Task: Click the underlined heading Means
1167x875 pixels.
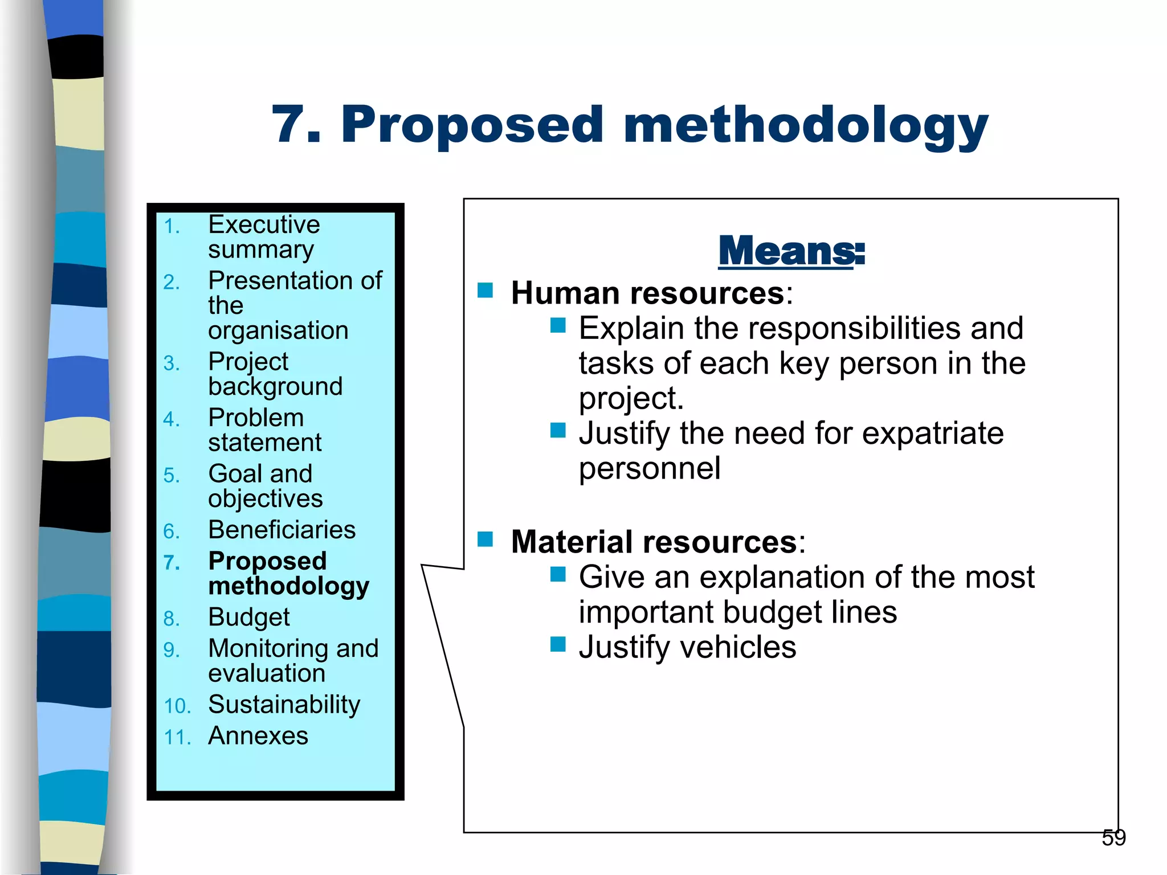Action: [x=791, y=251]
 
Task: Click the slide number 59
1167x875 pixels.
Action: [x=1113, y=838]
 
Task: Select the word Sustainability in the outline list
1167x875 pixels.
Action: [x=284, y=705]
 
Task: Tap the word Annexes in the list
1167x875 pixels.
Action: [x=258, y=736]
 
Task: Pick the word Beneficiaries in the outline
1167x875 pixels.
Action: [x=282, y=530]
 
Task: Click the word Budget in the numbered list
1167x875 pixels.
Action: [x=249, y=618]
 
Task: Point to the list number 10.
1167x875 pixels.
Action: [x=177, y=706]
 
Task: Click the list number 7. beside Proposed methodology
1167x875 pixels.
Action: [x=172, y=563]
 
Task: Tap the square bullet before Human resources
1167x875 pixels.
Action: [x=485, y=291]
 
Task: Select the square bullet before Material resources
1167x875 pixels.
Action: [x=485, y=539]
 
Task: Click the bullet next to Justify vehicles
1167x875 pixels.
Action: [x=558, y=644]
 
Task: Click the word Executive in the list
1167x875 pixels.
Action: [x=264, y=224]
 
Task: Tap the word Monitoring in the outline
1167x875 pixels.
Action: [x=268, y=648]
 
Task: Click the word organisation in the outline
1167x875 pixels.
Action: [x=278, y=330]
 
